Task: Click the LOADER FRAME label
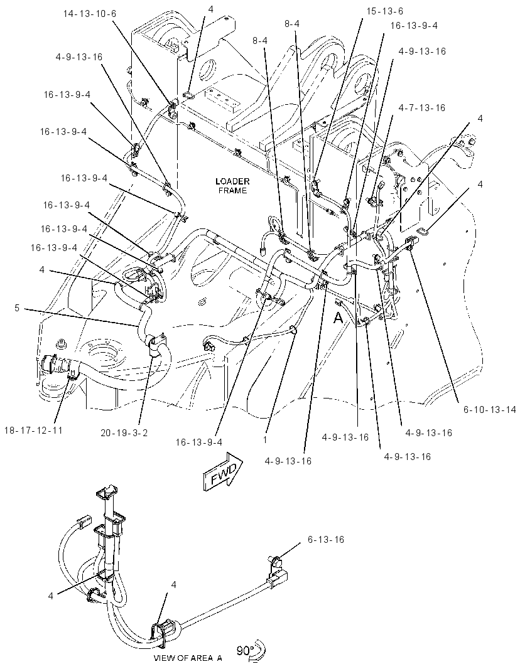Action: [x=232, y=186]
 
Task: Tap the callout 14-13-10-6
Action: [x=90, y=14]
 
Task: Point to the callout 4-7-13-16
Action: [x=422, y=108]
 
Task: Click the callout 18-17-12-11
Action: [x=33, y=430]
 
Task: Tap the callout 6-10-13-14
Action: [x=490, y=410]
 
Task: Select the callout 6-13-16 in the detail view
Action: [x=326, y=540]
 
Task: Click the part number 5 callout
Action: [x=17, y=308]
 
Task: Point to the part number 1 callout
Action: [x=265, y=439]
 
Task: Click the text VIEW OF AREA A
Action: [x=188, y=658]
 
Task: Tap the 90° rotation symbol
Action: [x=252, y=652]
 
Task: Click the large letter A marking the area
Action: [x=338, y=318]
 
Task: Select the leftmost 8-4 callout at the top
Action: [x=260, y=41]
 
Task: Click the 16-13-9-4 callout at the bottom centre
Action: [x=198, y=442]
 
